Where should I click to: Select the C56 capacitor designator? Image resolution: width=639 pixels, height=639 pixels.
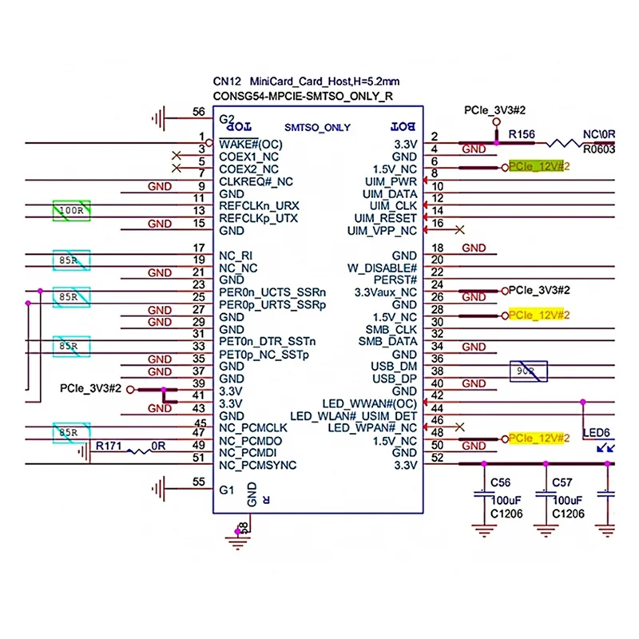[501, 483]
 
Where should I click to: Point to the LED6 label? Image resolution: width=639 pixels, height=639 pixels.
[596, 433]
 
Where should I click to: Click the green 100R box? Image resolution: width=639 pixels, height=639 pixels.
[72, 211]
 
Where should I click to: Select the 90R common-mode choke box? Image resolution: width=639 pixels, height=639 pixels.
[530, 372]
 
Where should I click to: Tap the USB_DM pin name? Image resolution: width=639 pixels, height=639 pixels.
[394, 367]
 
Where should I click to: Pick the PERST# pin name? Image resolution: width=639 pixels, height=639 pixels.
[397, 280]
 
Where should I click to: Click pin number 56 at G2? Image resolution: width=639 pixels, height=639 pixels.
[198, 113]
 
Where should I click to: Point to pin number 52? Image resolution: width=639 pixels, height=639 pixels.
[436, 458]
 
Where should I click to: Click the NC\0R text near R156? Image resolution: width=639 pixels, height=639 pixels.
[600, 135]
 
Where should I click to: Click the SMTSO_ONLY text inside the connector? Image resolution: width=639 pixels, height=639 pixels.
[317, 128]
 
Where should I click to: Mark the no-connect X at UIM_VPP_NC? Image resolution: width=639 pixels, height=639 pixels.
[459, 230]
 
